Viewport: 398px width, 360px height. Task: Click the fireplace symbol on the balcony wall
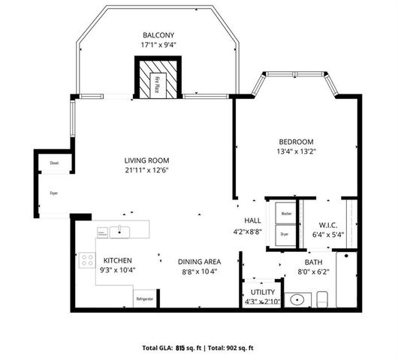tap(158, 78)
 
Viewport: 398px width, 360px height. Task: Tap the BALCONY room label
tap(158, 35)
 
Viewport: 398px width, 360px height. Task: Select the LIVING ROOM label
tap(146, 160)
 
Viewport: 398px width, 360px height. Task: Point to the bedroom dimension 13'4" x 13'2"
tap(296, 152)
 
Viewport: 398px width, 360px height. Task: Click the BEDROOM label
tap(296, 142)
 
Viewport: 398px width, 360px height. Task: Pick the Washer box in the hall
tap(285, 214)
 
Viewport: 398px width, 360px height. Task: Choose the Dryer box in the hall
tap(285, 233)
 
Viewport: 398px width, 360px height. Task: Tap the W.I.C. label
tap(327, 223)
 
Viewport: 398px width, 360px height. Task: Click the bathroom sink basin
tap(299, 300)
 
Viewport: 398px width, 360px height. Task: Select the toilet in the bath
tap(323, 299)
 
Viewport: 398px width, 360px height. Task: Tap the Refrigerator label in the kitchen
tap(144, 299)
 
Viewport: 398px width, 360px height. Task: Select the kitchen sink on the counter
tap(119, 231)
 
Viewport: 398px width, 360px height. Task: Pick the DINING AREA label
tap(197, 261)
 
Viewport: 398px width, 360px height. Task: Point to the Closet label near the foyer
tap(54, 163)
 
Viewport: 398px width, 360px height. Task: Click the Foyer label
tap(53, 193)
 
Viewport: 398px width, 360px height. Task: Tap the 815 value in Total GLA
tap(179, 348)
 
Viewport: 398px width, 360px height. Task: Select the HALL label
tap(252, 220)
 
